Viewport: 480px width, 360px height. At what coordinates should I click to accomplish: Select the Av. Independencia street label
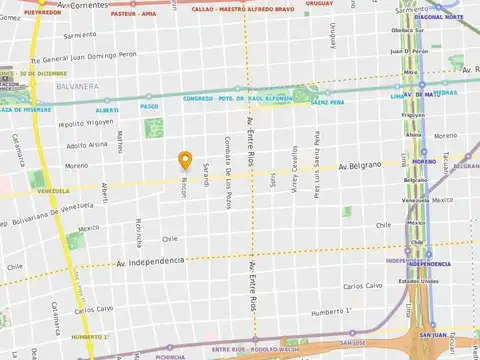tap(151, 261)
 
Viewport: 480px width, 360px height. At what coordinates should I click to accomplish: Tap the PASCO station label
tap(151, 105)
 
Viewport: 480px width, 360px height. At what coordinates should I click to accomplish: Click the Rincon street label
tap(183, 187)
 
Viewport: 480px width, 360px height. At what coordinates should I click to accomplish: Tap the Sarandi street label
tap(206, 171)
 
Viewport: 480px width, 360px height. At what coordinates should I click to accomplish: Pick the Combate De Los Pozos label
tap(229, 164)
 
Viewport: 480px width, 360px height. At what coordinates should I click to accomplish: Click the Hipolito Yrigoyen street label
tap(85, 124)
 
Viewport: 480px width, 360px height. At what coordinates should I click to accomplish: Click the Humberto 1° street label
tap(331, 312)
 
